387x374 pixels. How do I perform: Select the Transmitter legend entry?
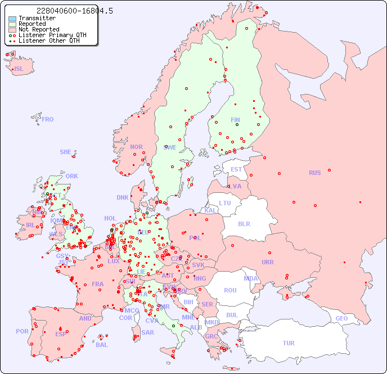37,18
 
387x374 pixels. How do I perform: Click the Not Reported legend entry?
38,29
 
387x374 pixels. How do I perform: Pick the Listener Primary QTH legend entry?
52,35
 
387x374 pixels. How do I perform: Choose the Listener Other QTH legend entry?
49,40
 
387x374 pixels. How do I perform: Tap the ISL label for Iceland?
19,69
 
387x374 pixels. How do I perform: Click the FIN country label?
235,120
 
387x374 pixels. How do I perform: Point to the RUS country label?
314,173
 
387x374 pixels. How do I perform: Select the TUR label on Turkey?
289,343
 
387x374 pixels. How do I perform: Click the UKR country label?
268,262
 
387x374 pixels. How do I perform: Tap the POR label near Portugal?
22,331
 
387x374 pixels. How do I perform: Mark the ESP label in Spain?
61,334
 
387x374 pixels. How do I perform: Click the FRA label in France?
98,284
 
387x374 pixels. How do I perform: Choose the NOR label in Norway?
136,147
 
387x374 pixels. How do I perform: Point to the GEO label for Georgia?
341,318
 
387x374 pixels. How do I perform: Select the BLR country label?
244,223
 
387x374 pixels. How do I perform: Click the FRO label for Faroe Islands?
48,119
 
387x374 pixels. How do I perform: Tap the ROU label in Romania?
230,290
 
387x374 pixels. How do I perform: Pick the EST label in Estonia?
236,169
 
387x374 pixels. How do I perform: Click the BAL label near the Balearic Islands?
102,345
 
